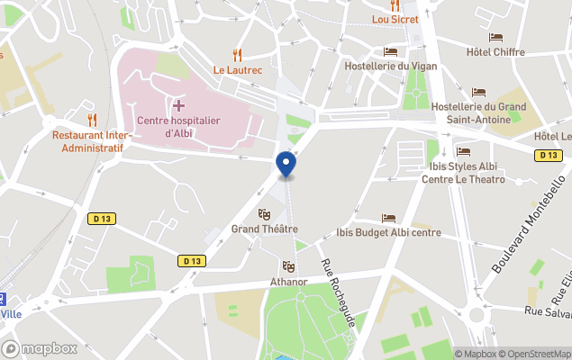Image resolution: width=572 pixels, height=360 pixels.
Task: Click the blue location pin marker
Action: pyautogui.click(x=286, y=165)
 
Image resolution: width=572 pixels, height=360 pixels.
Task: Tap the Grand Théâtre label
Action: pyautogui.click(x=264, y=229)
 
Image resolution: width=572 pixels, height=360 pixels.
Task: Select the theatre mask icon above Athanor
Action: pyautogui.click(x=288, y=266)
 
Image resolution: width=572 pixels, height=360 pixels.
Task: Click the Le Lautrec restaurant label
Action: pyautogui.click(x=237, y=69)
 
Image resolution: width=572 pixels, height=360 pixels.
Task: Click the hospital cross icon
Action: pyautogui.click(x=178, y=106)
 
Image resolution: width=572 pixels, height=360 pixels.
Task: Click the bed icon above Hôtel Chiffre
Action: pyautogui.click(x=495, y=38)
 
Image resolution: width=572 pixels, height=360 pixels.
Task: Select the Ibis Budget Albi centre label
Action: pyautogui.click(x=388, y=233)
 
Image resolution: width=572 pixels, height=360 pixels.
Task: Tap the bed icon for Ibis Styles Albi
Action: pyautogui.click(x=463, y=151)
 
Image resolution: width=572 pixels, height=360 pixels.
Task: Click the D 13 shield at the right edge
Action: pyautogui.click(x=548, y=156)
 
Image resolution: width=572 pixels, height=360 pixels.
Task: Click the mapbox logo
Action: pyautogui.click(x=39, y=348)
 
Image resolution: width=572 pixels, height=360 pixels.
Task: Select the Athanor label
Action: pyautogui.click(x=288, y=282)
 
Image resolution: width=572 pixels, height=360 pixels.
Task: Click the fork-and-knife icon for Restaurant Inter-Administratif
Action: pyautogui.click(x=92, y=119)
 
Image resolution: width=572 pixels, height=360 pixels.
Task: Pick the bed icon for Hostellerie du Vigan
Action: pyautogui.click(x=390, y=51)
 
